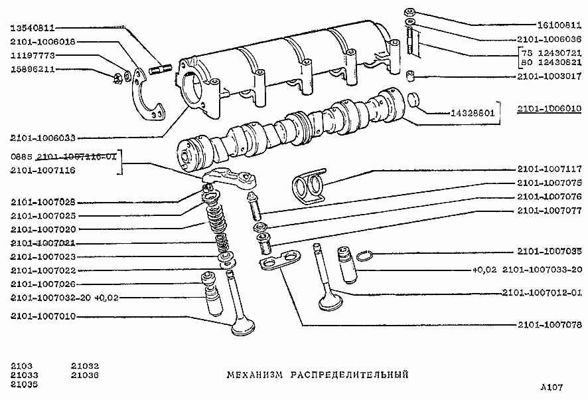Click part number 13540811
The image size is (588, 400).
[x=32, y=28]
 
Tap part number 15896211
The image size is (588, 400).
[x=32, y=69]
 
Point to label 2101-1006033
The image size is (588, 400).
[x=43, y=138]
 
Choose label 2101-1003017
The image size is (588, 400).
[x=549, y=77]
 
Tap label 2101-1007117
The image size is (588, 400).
[x=549, y=169]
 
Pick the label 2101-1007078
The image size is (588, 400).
[x=549, y=325]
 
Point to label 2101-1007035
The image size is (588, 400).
[x=549, y=252]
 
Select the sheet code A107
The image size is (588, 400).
[x=551, y=387]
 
